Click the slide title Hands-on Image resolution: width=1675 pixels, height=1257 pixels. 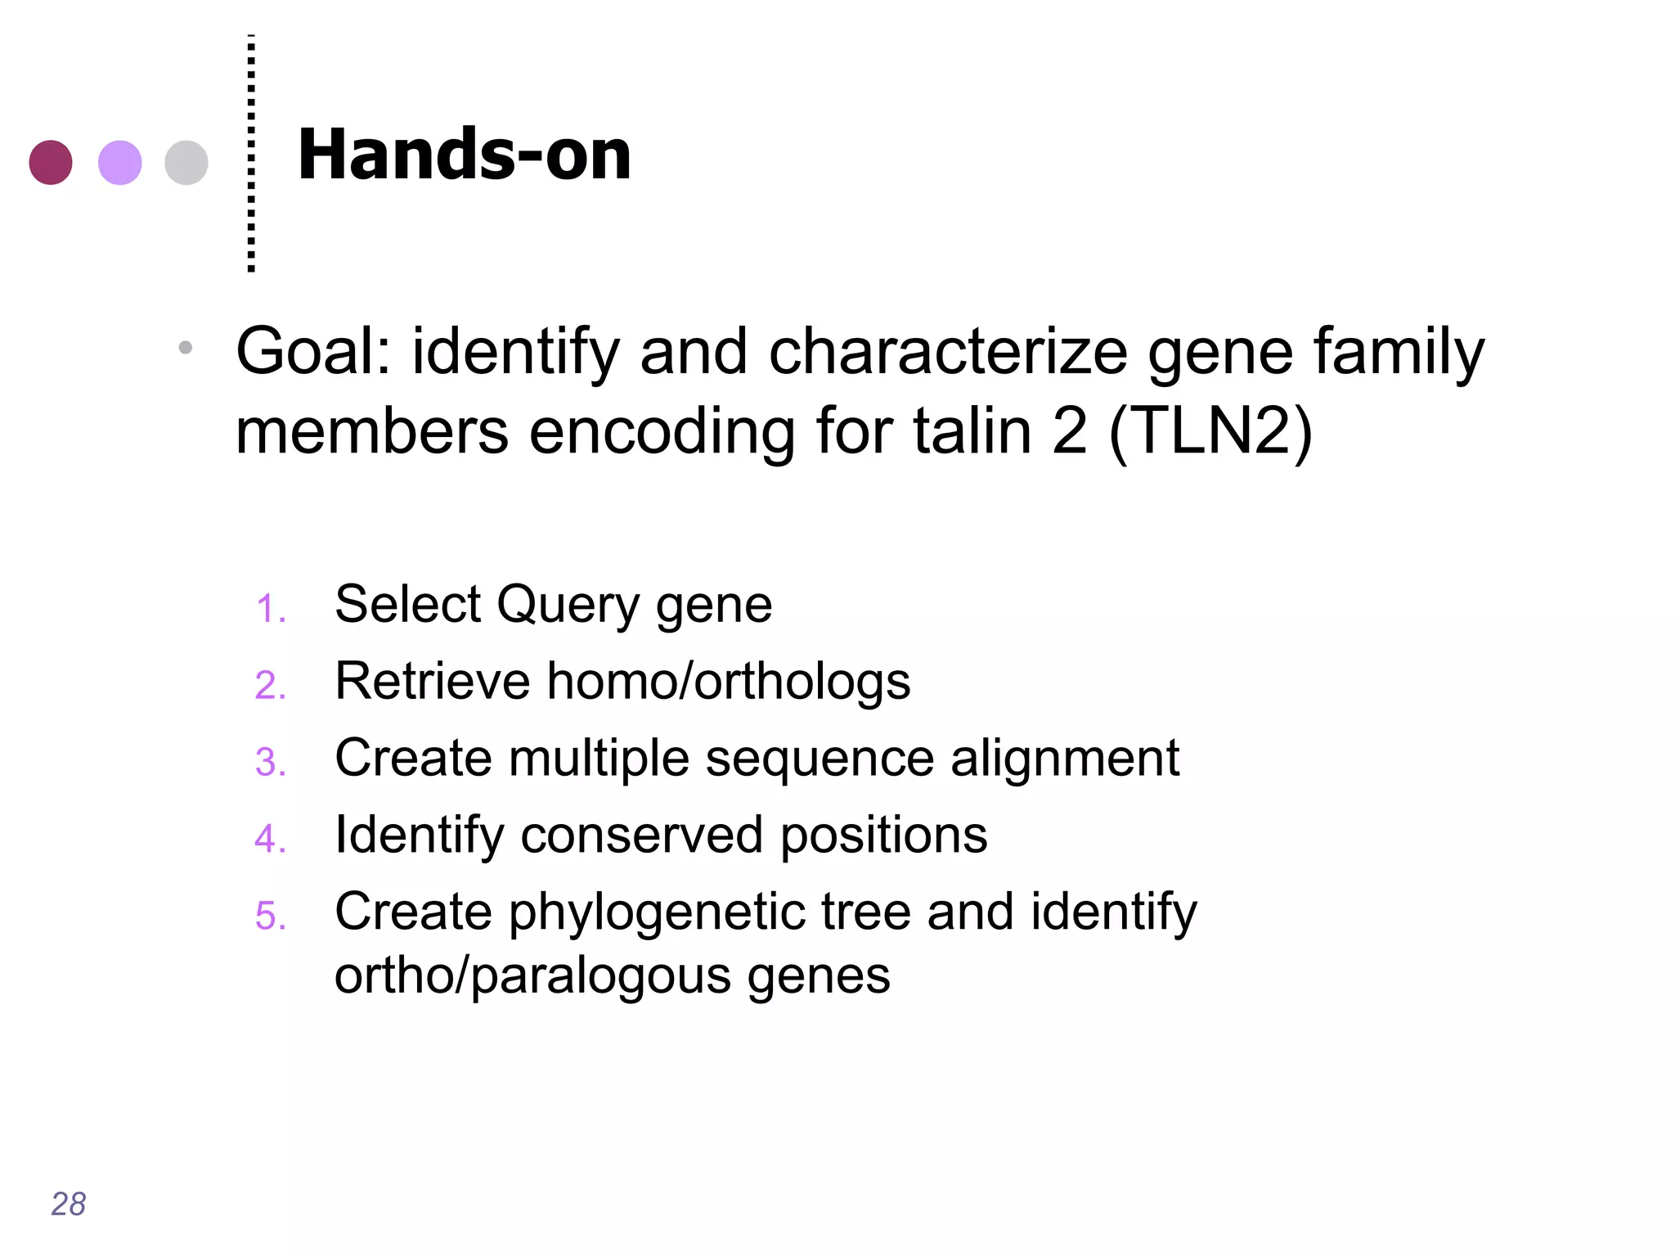click(464, 155)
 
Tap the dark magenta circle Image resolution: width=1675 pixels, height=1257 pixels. click(51, 162)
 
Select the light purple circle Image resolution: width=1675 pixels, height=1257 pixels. click(119, 162)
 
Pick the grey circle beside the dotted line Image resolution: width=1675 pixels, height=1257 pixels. click(186, 162)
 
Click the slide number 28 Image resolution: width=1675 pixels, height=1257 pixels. click(68, 1204)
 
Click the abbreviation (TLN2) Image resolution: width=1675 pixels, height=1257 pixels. click(1210, 431)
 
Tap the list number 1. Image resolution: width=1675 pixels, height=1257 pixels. click(271, 609)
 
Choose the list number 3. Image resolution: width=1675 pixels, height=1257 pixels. click(271, 762)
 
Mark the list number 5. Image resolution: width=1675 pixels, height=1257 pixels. click(271, 916)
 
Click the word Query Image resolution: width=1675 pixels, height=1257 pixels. click(568, 606)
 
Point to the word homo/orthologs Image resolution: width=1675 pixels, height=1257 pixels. click(728, 681)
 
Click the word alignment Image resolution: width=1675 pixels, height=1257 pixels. click(1064, 759)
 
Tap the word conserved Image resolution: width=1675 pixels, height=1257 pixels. click(640, 836)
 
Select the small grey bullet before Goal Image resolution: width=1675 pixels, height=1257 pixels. click(186, 348)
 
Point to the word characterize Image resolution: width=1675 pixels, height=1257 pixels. click(948, 352)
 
